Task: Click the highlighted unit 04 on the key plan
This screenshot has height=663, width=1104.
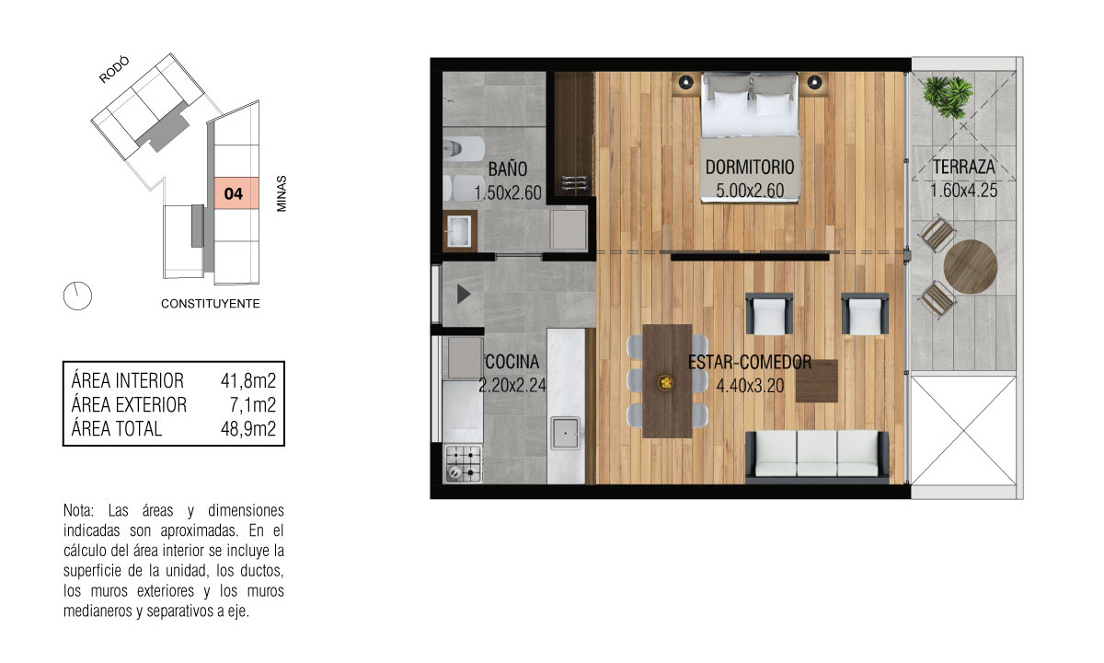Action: [236, 193]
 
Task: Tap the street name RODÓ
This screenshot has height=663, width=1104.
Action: [114, 70]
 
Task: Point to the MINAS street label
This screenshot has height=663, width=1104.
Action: [282, 194]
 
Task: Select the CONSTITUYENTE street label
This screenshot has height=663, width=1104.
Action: [211, 304]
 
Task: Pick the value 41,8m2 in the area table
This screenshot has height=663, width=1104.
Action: [247, 381]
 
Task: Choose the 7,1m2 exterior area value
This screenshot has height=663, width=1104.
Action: [252, 405]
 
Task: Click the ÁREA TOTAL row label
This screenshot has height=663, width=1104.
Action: [116, 429]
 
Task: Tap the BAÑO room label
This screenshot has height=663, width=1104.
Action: [508, 169]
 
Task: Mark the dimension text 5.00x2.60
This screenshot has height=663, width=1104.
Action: [750, 191]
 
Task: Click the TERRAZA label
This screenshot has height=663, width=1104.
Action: [963, 168]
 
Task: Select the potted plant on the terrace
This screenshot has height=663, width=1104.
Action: [948, 97]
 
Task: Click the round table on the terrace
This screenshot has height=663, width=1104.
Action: [971, 267]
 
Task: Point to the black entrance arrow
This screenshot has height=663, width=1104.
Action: [463, 294]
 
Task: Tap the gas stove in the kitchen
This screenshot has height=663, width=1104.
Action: [464, 463]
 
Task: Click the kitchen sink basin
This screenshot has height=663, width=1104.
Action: [565, 433]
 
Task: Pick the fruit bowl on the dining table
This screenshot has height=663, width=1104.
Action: [666, 382]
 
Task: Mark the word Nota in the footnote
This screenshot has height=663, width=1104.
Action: [79, 510]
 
